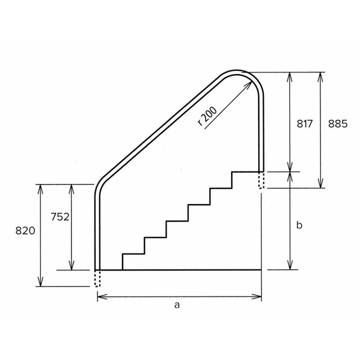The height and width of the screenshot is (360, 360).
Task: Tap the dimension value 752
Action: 60,217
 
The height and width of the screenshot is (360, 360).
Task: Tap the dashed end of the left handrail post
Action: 98,278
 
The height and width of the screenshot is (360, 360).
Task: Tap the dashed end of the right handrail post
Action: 261,181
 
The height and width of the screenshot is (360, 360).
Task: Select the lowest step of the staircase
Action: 133,255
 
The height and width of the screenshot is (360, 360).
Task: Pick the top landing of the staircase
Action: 246,172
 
